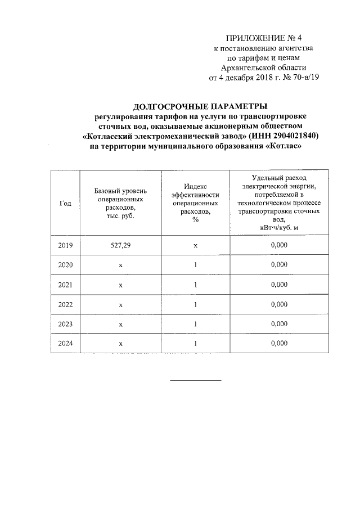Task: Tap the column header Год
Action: pyautogui.click(x=65, y=203)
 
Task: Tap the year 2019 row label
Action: pyautogui.click(x=65, y=245)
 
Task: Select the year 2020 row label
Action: pyautogui.click(x=65, y=265)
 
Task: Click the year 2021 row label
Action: pyautogui.click(x=65, y=285)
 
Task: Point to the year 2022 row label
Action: pyautogui.click(x=65, y=304)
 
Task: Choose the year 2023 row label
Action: pyautogui.click(x=65, y=324)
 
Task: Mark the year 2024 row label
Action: pyautogui.click(x=65, y=343)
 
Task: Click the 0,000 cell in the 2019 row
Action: pyautogui.click(x=279, y=245)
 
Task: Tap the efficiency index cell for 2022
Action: pyautogui.click(x=195, y=304)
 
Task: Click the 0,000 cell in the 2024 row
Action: pyautogui.click(x=279, y=343)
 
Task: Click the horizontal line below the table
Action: pyautogui.click(x=196, y=381)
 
